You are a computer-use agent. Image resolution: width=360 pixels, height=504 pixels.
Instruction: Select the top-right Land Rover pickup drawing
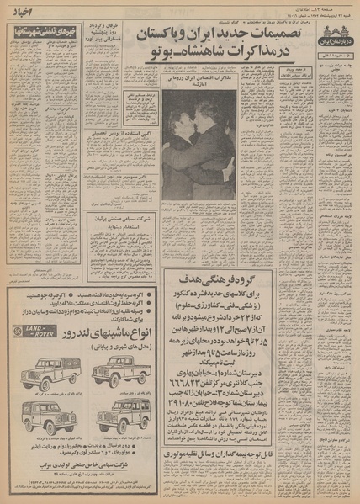pyautogui.click(x=120, y=370)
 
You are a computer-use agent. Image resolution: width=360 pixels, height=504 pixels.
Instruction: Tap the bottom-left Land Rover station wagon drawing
pyautogui.click(x=41, y=416)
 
